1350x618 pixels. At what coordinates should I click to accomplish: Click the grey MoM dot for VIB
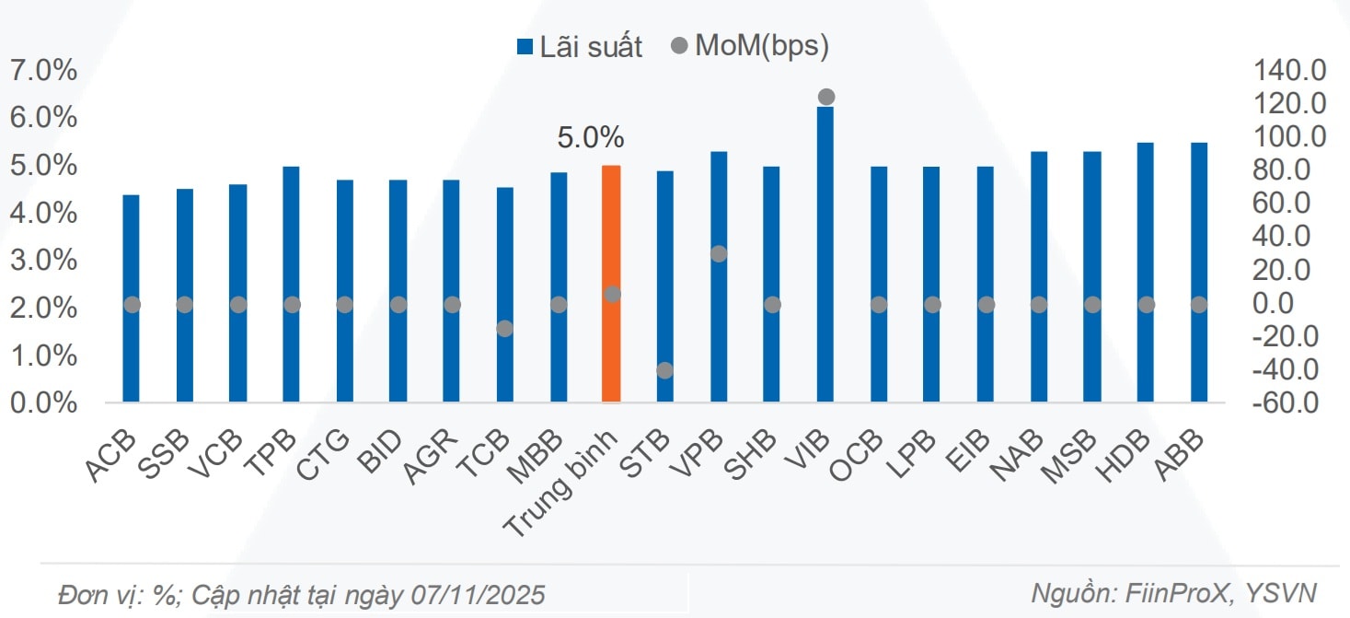pyautogui.click(x=826, y=97)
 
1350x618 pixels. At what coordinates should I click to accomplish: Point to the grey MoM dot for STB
pyautogui.click(x=665, y=370)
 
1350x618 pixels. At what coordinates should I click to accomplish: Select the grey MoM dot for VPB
pyautogui.click(x=719, y=254)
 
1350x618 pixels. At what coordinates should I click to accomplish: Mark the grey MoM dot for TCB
pyautogui.click(x=504, y=328)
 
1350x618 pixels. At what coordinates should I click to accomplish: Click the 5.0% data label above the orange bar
pyautogui.click(x=591, y=138)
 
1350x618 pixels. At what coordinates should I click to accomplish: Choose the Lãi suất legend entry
pyautogui.click(x=580, y=47)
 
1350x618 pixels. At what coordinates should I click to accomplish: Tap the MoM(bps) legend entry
pyautogui.click(x=750, y=47)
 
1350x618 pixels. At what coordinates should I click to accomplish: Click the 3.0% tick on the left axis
pyautogui.click(x=43, y=261)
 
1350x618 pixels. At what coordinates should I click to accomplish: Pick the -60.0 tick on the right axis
pyautogui.click(x=1288, y=402)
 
